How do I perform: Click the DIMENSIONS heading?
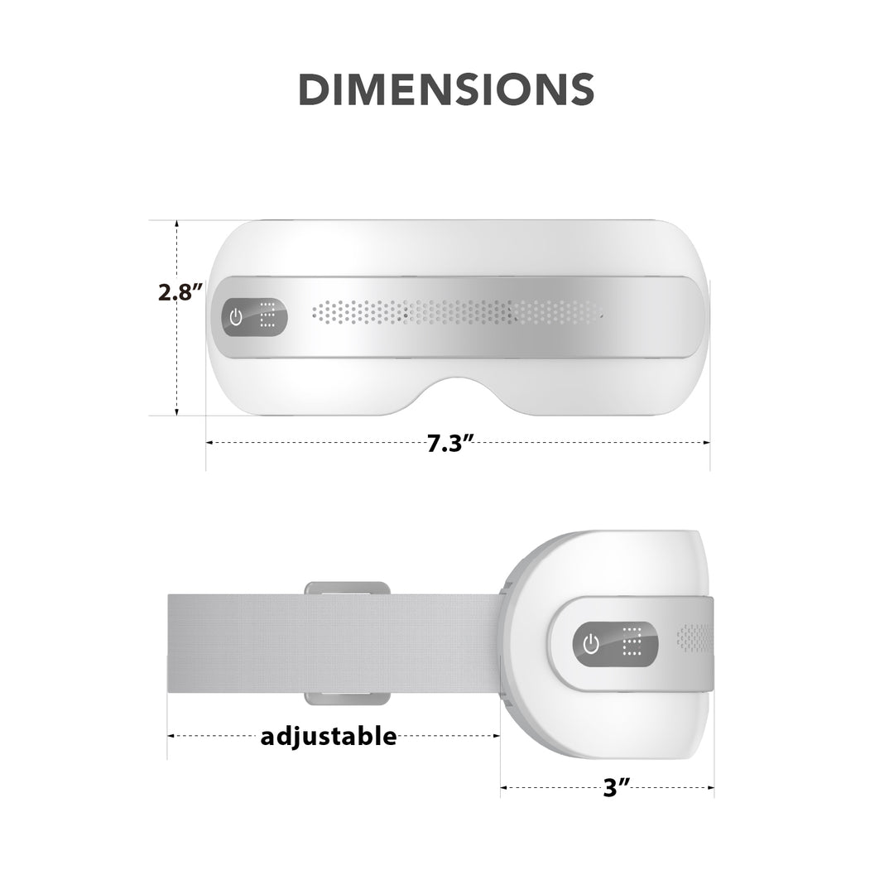click(x=446, y=89)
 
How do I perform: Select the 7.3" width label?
click(x=449, y=443)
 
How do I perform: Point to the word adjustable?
click(x=329, y=735)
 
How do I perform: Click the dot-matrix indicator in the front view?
click(x=267, y=316)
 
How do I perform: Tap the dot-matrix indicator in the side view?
click(x=632, y=642)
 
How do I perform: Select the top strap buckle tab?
click(x=347, y=588)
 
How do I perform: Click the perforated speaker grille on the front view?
click(x=455, y=312)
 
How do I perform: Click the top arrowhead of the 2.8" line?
click(x=176, y=224)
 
